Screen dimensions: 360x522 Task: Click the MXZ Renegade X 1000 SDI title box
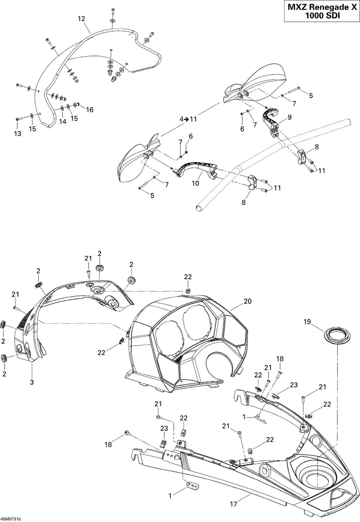click(x=322, y=11)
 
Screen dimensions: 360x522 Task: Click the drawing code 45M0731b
click(x=11, y=519)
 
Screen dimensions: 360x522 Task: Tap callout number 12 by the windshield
click(x=82, y=19)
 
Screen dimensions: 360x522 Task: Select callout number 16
click(x=90, y=109)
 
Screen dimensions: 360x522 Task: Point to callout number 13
click(x=18, y=134)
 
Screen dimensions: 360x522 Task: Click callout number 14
click(x=63, y=121)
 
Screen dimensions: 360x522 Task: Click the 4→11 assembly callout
click(x=188, y=119)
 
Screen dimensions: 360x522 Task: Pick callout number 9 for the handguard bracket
click(x=289, y=117)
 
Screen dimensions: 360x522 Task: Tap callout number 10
click(x=195, y=183)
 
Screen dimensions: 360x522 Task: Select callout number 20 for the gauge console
click(x=247, y=301)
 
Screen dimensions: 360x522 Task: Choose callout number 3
click(x=32, y=382)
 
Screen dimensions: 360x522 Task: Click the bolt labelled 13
click(x=19, y=119)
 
